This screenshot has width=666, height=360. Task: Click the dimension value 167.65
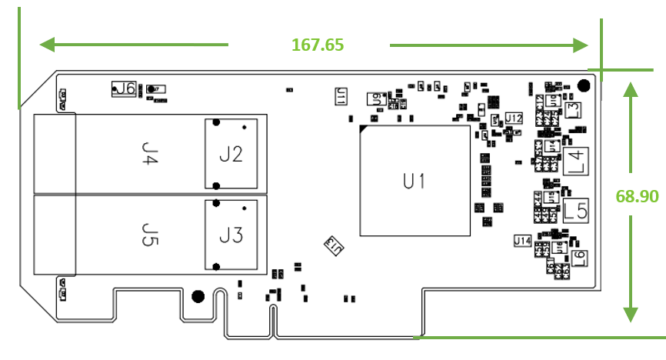click(x=318, y=45)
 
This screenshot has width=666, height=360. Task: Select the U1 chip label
click(x=415, y=182)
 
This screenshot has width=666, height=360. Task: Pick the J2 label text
click(x=231, y=155)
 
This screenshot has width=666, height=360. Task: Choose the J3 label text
click(x=231, y=235)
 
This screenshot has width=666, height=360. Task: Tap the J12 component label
click(x=514, y=118)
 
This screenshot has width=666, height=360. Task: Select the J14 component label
click(x=522, y=241)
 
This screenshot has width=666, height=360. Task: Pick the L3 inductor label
click(x=572, y=109)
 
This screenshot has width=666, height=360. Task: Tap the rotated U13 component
click(x=333, y=245)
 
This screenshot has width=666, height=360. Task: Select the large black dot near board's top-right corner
click(x=584, y=85)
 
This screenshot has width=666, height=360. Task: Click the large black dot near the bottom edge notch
click(x=198, y=296)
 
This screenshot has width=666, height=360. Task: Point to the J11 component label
click(x=340, y=95)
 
